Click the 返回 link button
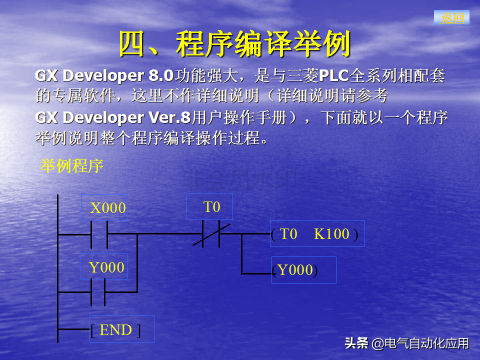point(452,17)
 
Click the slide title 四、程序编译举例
point(234,44)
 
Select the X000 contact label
point(108,208)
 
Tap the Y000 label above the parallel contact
point(106,267)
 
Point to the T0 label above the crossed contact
point(211,207)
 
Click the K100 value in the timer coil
point(331,234)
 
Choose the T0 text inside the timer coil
point(288,234)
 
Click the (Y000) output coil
point(295,270)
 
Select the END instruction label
point(115,330)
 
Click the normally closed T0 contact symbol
point(211,234)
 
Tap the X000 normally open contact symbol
point(99,234)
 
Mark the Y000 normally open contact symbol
point(98,292)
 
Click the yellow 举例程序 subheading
point(71,166)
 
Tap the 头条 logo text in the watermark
point(356,343)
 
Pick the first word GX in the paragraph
point(46,75)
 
